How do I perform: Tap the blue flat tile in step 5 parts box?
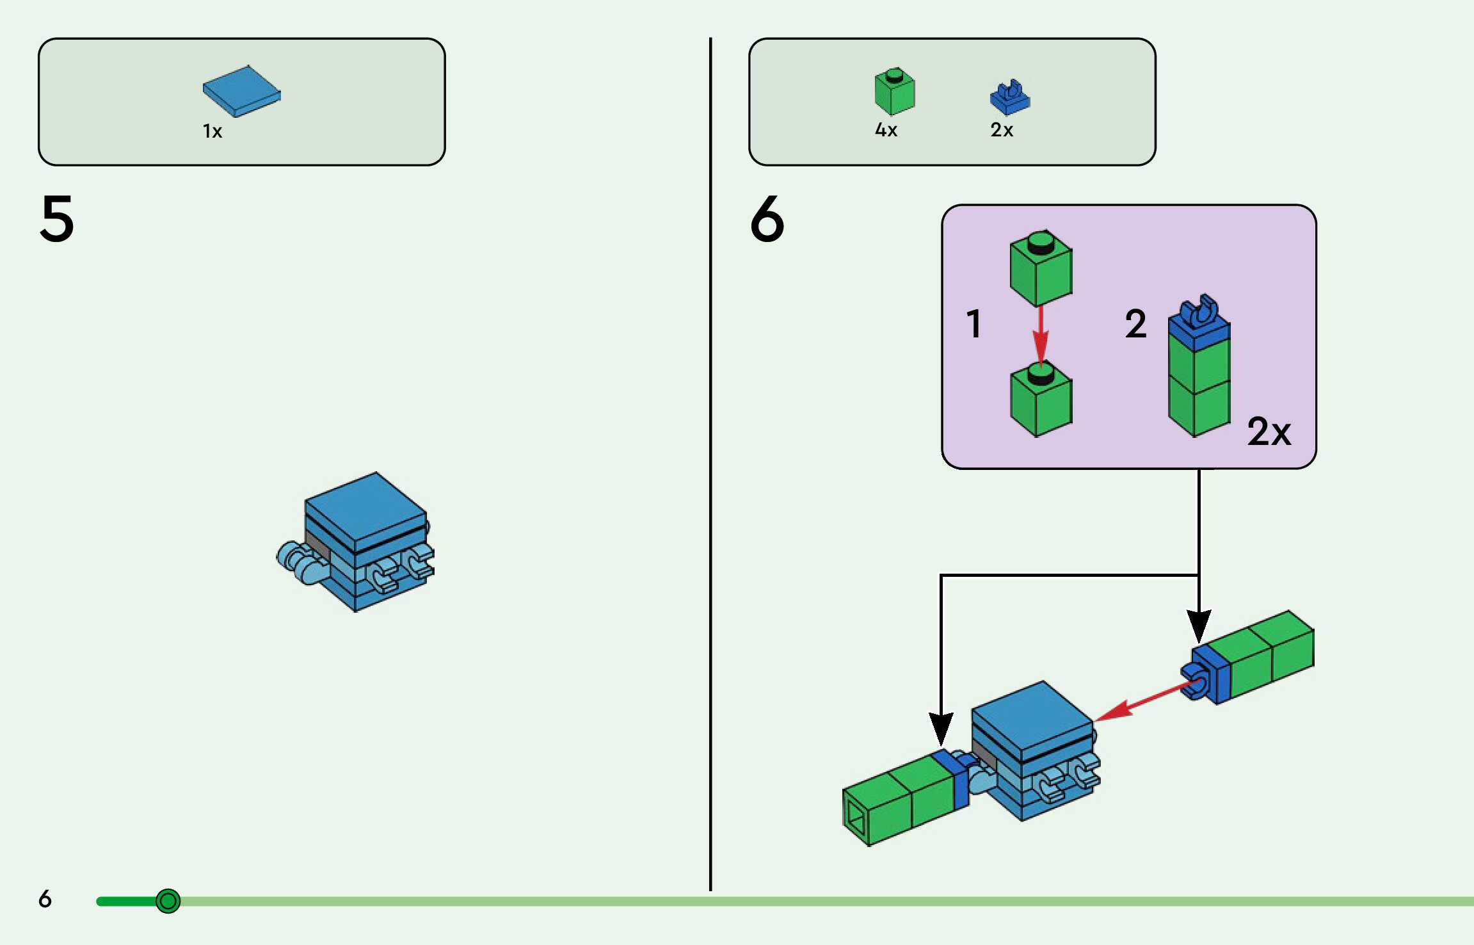pyautogui.click(x=241, y=91)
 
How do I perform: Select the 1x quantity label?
pyautogui.click(x=212, y=131)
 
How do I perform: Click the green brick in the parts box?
pyautogui.click(x=894, y=92)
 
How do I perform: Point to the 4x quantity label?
pyautogui.click(x=886, y=130)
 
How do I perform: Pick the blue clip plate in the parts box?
pyautogui.click(x=1009, y=98)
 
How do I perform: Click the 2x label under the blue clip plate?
pyautogui.click(x=1002, y=130)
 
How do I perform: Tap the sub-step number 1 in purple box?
pyautogui.click(x=973, y=323)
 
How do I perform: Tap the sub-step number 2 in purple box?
pyautogui.click(x=1135, y=323)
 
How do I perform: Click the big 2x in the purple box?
pyautogui.click(x=1269, y=432)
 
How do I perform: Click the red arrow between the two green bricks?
pyautogui.click(x=1041, y=336)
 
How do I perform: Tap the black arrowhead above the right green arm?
pyautogui.click(x=1199, y=625)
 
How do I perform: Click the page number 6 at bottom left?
pyautogui.click(x=45, y=899)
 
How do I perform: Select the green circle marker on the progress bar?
pyautogui.click(x=168, y=901)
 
